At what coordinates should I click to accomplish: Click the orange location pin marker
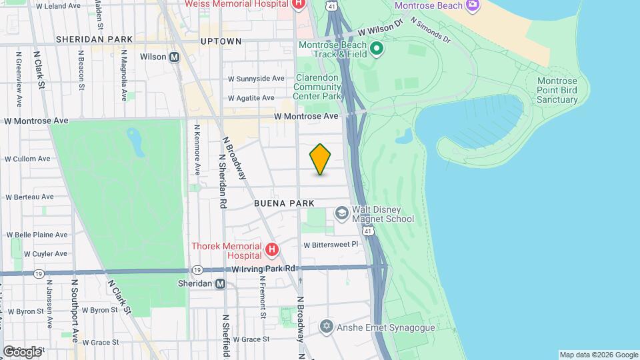321,159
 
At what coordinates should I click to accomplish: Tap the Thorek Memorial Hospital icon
272,251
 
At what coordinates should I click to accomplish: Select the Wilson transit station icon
175,57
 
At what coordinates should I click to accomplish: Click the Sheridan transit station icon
221,283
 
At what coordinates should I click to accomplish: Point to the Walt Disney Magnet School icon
342,213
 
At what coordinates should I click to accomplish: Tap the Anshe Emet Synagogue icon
326,327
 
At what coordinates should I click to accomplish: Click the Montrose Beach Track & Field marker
376,48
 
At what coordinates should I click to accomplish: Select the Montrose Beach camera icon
473,5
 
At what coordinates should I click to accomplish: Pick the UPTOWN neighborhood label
221,41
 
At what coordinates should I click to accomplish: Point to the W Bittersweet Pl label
331,245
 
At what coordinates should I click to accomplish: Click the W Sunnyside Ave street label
256,79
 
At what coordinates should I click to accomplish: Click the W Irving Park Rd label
263,268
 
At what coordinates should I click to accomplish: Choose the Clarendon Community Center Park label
317,87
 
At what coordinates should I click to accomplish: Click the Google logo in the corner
22,351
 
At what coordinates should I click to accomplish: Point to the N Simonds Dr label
431,31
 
